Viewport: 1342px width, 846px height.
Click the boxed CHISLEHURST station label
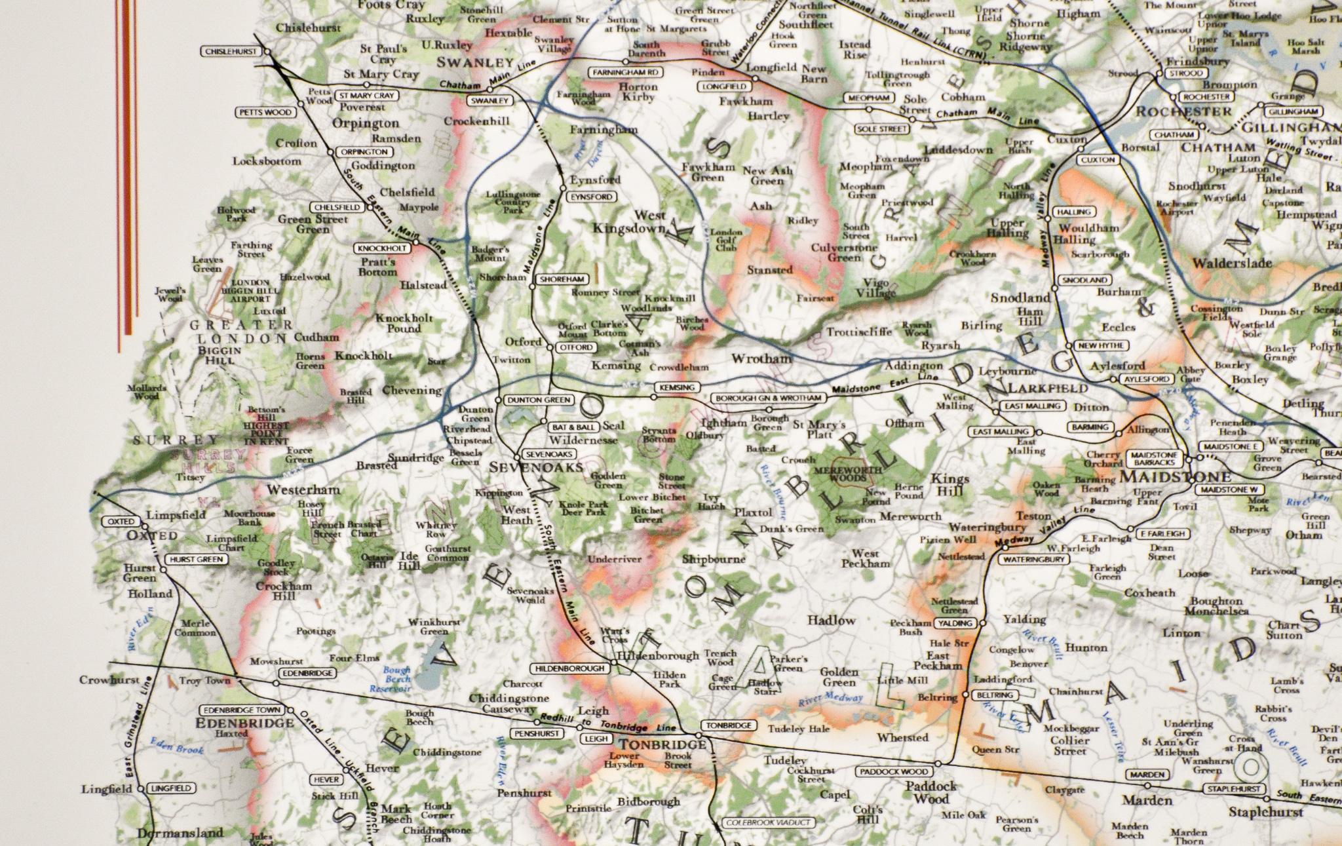[229, 51]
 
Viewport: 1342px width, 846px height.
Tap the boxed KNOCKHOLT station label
[383, 248]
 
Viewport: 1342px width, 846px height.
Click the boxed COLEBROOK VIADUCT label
[768, 822]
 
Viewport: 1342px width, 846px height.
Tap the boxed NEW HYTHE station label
[1101, 345]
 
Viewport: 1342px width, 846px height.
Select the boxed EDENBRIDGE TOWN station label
[242, 710]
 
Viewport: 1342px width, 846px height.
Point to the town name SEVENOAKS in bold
[536, 467]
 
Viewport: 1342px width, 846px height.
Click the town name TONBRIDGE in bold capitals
[662, 745]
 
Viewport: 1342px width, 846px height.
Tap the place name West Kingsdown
[629, 222]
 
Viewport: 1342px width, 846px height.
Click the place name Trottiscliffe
[858, 332]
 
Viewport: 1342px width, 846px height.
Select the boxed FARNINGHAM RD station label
[625, 72]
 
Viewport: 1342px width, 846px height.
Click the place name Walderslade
[1231, 263]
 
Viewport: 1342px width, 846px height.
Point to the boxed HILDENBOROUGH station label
[569, 668]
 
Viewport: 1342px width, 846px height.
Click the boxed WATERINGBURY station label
[1033, 560]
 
